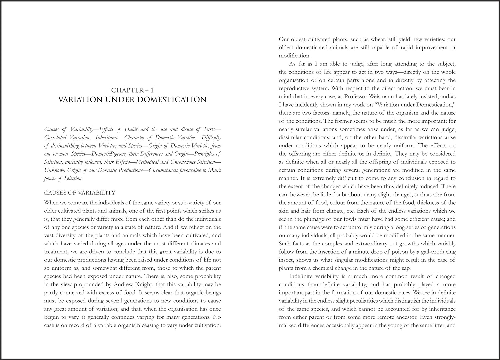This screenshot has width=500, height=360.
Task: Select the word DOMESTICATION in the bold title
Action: click(172, 100)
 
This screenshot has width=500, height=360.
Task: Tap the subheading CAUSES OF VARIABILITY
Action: click(80, 193)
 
